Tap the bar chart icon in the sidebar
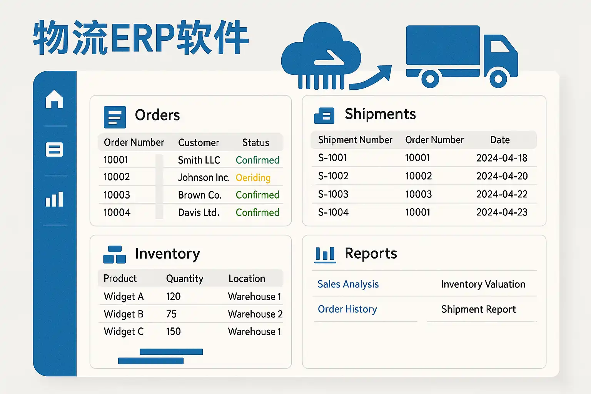coord(54,199)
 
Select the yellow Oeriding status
coord(253,178)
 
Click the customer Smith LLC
coord(199,160)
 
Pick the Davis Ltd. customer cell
coord(199,212)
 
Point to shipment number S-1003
coord(333,194)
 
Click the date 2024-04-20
coord(502,176)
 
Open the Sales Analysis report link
coord(348,284)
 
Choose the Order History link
coord(347,309)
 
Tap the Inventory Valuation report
coord(483,284)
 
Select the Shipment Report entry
coord(478,309)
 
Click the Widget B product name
coord(124,314)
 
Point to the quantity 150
coord(174,331)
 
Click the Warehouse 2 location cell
coord(255,314)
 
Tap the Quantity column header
coord(185,279)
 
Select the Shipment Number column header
coord(355,140)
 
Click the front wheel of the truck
coord(498,78)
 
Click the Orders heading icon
coord(115,117)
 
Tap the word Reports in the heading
coord(371,254)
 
